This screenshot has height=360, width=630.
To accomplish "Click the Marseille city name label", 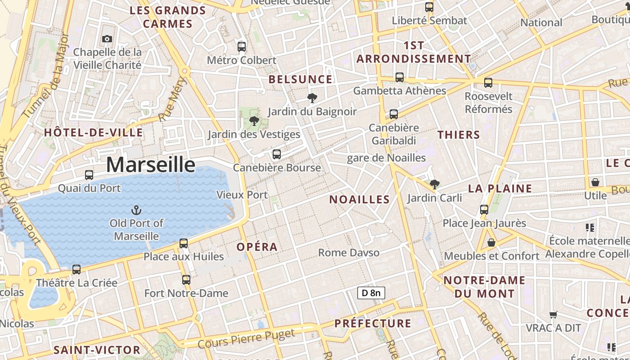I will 151,165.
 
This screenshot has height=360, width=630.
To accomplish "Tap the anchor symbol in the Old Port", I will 136,210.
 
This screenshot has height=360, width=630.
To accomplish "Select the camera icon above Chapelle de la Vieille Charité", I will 107,39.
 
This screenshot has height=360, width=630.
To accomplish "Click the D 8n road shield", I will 371,293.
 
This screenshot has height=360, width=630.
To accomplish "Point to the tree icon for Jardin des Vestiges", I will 254,121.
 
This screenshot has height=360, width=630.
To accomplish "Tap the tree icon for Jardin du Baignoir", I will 312,98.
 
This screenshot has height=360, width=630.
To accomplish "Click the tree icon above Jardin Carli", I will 434,184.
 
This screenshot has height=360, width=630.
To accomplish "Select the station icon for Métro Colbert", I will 242,46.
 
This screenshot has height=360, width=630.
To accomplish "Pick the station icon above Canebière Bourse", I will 277,154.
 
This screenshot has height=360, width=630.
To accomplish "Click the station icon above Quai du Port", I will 89,175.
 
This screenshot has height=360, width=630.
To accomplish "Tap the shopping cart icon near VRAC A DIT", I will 553,315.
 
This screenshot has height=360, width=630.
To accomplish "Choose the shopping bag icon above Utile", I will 595,182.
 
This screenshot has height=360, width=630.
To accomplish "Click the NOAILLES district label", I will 360,200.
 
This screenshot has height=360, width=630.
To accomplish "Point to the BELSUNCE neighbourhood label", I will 300,80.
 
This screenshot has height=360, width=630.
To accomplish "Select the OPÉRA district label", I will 257,247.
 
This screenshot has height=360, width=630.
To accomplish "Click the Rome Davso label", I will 349,253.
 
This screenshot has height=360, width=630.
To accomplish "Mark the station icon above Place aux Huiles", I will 184,243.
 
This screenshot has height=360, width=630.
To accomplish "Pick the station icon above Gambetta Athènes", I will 400,77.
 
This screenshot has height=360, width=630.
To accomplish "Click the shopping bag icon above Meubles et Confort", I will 491,243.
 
